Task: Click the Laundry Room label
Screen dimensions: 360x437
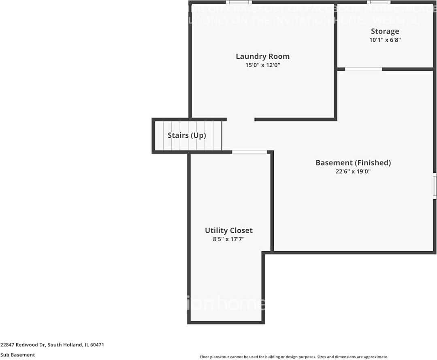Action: [x=262, y=56]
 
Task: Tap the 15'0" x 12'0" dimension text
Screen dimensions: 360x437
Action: [x=262, y=65]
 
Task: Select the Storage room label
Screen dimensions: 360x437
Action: [x=385, y=31]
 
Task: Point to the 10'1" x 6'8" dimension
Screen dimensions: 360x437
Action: [x=385, y=40]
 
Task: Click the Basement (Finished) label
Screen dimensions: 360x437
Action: [x=353, y=163]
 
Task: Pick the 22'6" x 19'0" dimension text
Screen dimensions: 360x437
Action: [x=353, y=172]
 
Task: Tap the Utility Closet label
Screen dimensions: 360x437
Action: [x=228, y=230]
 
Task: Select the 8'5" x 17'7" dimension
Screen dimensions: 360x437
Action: [x=228, y=239]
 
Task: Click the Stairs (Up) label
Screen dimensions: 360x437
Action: [x=187, y=135]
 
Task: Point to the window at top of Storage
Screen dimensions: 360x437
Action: [x=379, y=2]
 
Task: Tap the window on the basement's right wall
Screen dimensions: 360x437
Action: [x=435, y=186]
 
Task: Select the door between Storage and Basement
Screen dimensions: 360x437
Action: [x=363, y=69]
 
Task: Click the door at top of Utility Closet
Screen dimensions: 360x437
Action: [x=249, y=152]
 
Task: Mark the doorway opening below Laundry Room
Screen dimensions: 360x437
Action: [x=241, y=119]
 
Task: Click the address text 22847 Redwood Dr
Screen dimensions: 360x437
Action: [x=23, y=345]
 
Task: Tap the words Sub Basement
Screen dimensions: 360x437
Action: [x=17, y=355]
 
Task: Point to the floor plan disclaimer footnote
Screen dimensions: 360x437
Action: [x=294, y=357]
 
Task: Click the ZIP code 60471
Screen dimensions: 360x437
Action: [x=97, y=345]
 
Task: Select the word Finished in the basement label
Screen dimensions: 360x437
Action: [x=373, y=163]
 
